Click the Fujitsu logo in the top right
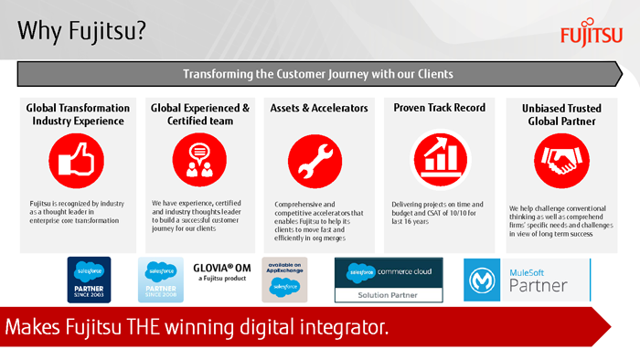[x=592, y=35]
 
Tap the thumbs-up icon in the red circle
[x=75, y=161]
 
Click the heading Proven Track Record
[x=439, y=108]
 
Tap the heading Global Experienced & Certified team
[x=199, y=114]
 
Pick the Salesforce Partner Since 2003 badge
[x=89, y=280]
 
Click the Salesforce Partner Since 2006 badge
[x=161, y=280]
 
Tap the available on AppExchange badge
[x=284, y=279]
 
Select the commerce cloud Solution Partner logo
[x=389, y=280]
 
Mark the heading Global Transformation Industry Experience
[x=77, y=114]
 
